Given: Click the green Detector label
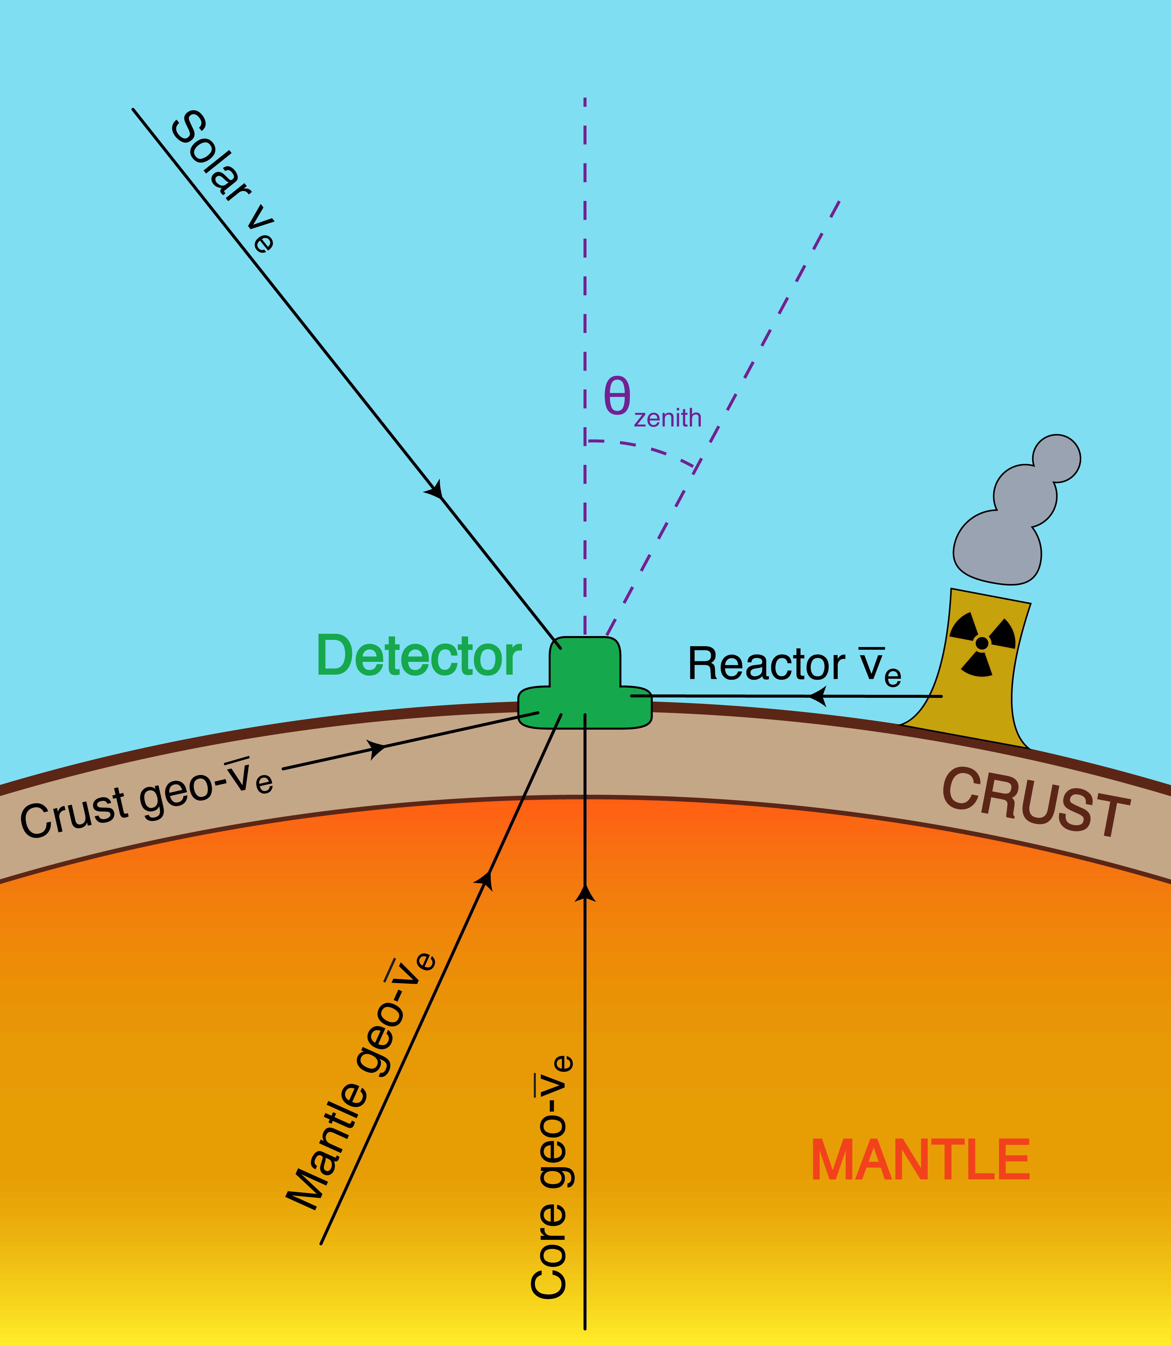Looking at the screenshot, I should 418,656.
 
